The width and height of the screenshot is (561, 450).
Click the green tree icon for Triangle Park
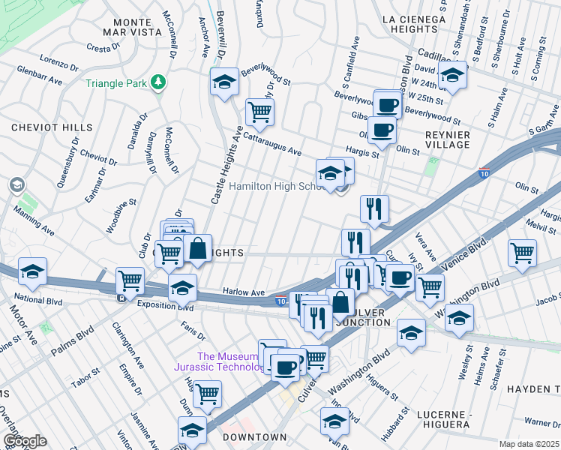pos(157,82)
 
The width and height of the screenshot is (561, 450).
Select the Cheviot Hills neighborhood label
pos(52,128)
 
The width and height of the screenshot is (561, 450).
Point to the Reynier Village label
pos(447,140)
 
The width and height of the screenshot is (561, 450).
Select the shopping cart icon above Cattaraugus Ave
pos(259,112)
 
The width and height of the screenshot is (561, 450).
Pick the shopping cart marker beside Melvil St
pos(522,253)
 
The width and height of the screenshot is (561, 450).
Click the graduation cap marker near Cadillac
pos(453,76)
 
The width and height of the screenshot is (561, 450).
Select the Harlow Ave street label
pos(244,292)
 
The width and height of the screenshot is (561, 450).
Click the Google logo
pos(24,441)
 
